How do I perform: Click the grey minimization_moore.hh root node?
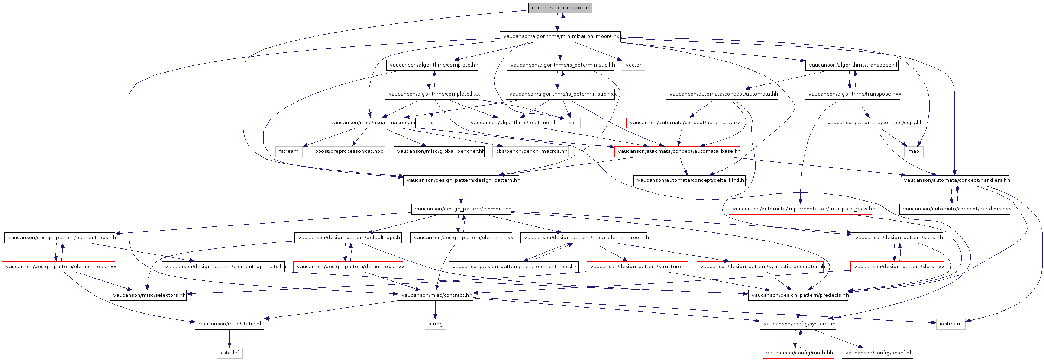(560, 8)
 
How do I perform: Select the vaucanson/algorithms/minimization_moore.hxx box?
(560, 36)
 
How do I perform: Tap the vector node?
(633, 65)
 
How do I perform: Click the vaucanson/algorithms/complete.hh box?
(432, 65)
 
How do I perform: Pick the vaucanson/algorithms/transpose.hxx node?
(853, 94)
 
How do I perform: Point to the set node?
(572, 122)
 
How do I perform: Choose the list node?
(431, 122)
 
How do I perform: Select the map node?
(914, 151)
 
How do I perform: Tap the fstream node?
(288, 151)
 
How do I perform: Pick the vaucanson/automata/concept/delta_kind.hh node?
(690, 180)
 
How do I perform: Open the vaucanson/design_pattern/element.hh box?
(461, 209)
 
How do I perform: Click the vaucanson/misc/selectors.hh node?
(148, 295)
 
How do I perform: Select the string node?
(435, 324)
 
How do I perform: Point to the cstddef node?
(229, 353)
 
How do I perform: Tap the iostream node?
(950, 324)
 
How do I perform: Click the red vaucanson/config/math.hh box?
(798, 353)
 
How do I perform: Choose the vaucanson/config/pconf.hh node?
(877, 353)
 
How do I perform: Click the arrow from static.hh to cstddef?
(229, 338)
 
